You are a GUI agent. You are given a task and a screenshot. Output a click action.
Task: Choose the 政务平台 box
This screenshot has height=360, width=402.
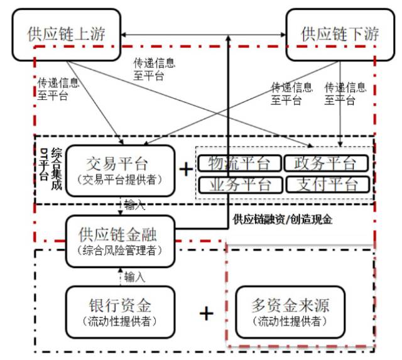324,163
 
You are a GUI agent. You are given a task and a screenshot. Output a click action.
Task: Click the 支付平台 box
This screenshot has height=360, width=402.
324,184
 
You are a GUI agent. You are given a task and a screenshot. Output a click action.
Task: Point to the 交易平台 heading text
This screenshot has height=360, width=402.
119,164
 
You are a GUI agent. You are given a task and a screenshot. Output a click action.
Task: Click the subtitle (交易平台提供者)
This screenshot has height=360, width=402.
119,180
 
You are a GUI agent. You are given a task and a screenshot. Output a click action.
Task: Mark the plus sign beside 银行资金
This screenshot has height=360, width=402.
206,313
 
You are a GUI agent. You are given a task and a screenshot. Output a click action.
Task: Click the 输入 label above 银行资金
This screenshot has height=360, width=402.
134,276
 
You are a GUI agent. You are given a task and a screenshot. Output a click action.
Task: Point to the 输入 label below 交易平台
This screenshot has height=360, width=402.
134,205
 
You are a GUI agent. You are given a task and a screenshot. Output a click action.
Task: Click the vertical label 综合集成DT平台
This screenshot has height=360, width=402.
49,165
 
